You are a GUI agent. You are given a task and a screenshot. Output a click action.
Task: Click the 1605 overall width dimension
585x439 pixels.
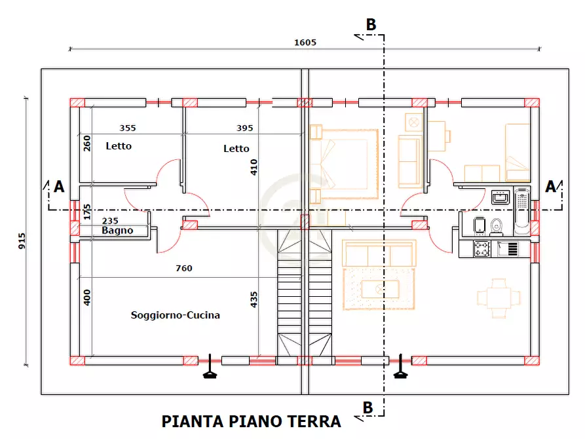click(x=305, y=43)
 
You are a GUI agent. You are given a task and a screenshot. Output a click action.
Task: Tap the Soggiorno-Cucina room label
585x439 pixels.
click(x=176, y=315)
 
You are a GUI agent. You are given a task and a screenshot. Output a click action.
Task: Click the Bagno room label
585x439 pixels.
click(x=117, y=231)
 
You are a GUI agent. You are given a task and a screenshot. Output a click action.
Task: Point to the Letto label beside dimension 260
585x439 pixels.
click(x=119, y=146)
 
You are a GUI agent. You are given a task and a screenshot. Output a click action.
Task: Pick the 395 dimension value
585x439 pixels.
click(x=244, y=128)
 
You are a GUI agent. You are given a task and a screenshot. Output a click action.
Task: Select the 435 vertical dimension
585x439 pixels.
click(x=254, y=298)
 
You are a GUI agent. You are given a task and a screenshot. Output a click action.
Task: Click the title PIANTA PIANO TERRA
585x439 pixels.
click(x=251, y=421)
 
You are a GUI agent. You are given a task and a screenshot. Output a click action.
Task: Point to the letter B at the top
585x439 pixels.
click(x=371, y=25)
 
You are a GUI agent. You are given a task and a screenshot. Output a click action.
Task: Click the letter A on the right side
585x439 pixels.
click(x=551, y=187)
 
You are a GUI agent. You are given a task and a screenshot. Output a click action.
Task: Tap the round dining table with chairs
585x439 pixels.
click(x=500, y=298)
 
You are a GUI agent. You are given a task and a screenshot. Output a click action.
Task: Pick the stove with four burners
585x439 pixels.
click(x=482, y=249)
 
